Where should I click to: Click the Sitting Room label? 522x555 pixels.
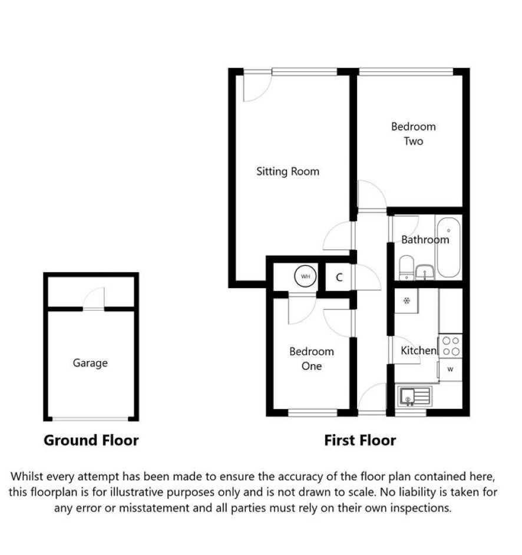click(x=288, y=171)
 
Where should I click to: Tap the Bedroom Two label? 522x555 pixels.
click(x=414, y=134)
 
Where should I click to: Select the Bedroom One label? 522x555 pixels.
click(x=312, y=359)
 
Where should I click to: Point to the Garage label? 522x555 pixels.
click(x=90, y=363)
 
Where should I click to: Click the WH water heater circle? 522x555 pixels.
click(x=305, y=276)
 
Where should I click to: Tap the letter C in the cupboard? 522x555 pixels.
click(x=339, y=277)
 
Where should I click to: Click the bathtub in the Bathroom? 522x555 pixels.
click(x=449, y=247)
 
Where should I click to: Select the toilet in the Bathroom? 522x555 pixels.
click(x=407, y=267)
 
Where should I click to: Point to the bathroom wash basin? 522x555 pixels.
click(x=424, y=272)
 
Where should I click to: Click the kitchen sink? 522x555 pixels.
click(x=415, y=397)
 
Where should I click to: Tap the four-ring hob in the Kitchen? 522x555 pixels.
click(x=451, y=346)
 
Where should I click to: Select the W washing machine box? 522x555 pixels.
click(x=450, y=369)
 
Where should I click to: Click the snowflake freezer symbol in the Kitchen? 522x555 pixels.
click(x=407, y=301)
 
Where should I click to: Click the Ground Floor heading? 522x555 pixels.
click(x=91, y=440)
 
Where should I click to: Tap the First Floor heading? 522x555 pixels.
click(x=360, y=440)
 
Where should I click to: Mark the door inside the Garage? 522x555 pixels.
click(x=94, y=299)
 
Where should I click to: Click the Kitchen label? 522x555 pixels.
click(x=419, y=351)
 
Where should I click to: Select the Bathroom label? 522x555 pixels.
click(x=425, y=240)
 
